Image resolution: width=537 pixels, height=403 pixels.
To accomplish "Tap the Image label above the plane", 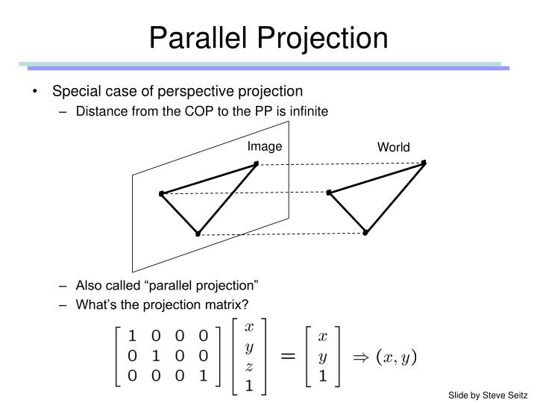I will pos(265,146).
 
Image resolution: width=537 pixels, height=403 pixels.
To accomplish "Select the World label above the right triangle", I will pos(393,147).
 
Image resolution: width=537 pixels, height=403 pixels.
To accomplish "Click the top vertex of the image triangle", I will pos(256,163).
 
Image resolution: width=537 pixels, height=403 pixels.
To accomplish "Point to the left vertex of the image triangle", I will pos(161,194).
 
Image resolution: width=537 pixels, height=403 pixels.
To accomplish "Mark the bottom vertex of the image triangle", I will pos(198,234).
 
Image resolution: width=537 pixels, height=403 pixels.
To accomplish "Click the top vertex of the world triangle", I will pos(424,162).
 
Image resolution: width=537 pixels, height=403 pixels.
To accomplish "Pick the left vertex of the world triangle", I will pos(329,193).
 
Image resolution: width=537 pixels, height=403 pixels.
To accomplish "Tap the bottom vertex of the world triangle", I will pos(365,233).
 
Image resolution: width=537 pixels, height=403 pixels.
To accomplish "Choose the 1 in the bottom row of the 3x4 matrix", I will pos(204,375).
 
